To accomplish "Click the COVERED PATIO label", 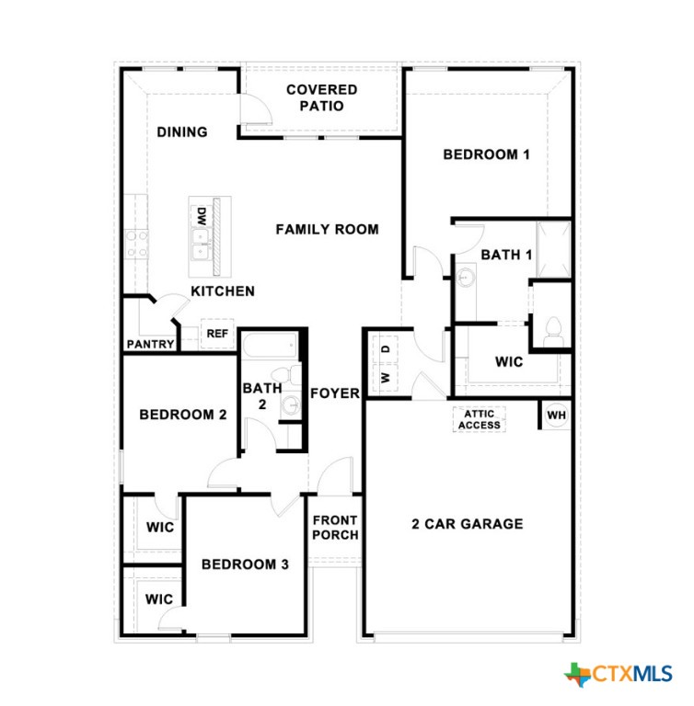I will [321, 97].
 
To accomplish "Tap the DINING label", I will [181, 131].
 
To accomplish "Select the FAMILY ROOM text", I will [327, 229].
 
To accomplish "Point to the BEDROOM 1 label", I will [486, 154].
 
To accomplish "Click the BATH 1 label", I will [506, 255].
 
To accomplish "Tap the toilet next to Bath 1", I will [553, 329].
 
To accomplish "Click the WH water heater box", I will [556, 415].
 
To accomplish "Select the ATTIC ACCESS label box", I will [479, 419].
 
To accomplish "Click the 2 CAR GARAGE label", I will [467, 524].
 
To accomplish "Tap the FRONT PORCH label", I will [335, 528].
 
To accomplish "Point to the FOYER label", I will [334, 393].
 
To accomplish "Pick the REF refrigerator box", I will [217, 334].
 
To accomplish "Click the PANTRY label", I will [151, 345].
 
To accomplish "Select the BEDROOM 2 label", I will [182, 415].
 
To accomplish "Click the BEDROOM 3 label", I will [245, 564].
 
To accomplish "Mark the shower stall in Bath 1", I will [555, 248].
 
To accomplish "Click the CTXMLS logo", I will [619, 674].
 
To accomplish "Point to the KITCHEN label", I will [223, 291].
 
